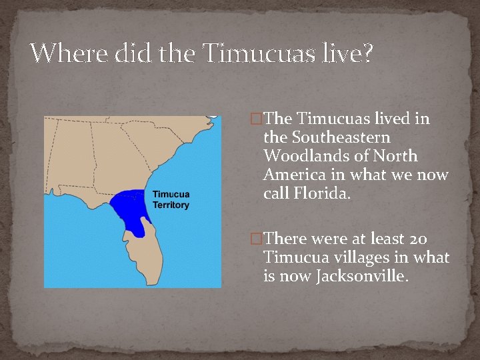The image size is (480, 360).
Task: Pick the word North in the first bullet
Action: click(x=395, y=157)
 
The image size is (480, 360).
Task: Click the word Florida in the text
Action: click(x=322, y=194)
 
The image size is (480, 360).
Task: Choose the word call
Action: click(x=275, y=194)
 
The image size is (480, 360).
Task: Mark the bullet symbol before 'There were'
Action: click(x=255, y=239)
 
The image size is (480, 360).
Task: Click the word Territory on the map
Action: click(x=171, y=205)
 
